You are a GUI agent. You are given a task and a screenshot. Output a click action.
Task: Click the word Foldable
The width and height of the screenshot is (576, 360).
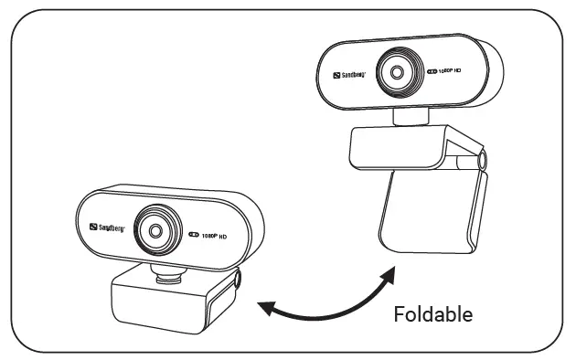(x=432, y=314)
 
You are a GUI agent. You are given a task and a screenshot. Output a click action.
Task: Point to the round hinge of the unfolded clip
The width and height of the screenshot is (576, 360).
(x=479, y=163)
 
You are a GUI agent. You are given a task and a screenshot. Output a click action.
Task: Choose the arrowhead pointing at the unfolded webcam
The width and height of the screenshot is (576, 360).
(x=390, y=273)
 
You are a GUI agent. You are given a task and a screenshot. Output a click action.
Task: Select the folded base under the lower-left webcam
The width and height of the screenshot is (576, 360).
(x=169, y=306)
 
